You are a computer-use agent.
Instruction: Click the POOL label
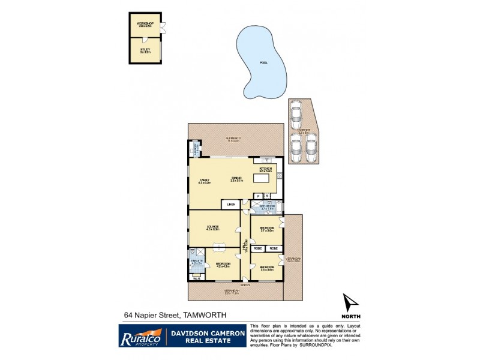coord(263,63)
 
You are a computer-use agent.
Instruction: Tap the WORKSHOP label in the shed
coord(145,26)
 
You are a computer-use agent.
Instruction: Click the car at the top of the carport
coord(295,111)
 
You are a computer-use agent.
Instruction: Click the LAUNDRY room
coord(195,148)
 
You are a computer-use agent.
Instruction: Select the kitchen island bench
coord(265,180)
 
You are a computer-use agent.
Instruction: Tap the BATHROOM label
coord(266,208)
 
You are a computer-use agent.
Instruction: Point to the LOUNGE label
coord(213,227)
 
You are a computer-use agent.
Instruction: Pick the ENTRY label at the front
coord(245,284)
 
